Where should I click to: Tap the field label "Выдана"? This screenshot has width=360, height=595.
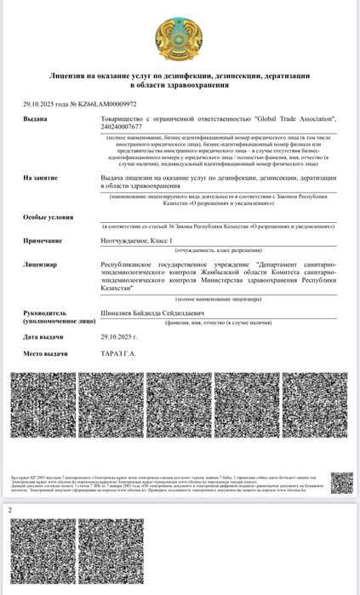[35, 120]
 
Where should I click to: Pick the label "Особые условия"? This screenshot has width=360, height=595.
[49, 218]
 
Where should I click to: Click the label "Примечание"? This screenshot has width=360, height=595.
[43, 241]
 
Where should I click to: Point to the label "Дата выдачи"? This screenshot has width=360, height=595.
[44, 337]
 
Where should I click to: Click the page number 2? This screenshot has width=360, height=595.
[10, 509]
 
